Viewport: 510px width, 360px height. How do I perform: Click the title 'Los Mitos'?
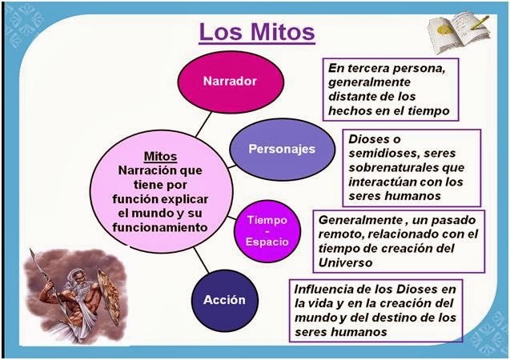pyautogui.click(x=256, y=33)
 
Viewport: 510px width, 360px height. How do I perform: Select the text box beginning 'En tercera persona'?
pyautogui.click(x=391, y=90)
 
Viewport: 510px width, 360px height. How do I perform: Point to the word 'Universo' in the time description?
pyautogui.click(x=345, y=262)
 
